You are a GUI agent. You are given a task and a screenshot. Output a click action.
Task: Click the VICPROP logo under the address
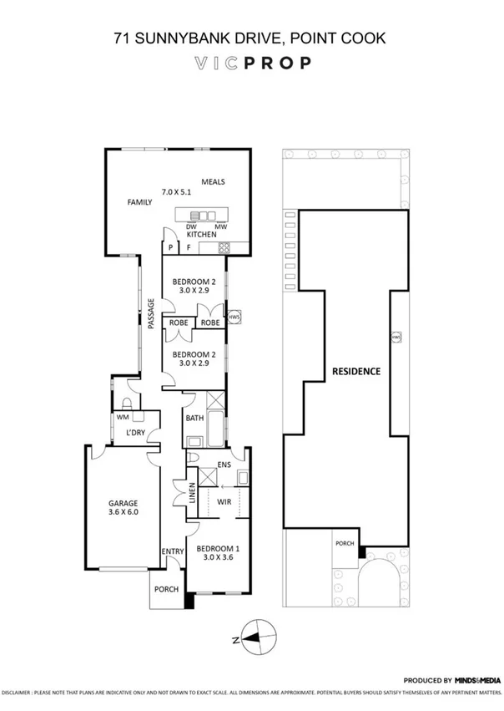tap(252, 62)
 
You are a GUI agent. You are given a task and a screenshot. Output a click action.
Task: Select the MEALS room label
tap(214, 182)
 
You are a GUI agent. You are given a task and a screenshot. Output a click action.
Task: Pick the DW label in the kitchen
tap(191, 226)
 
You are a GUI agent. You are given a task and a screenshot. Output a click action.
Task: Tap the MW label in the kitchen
tap(221, 226)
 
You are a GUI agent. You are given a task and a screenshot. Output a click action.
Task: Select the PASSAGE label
tap(152, 315)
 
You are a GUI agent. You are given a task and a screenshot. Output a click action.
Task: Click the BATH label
tap(194, 418)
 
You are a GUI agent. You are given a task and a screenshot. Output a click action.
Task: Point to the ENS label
tap(224, 465)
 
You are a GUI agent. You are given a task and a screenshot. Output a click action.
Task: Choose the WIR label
tap(223, 501)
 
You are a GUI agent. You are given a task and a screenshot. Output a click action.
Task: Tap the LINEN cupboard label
tap(191, 499)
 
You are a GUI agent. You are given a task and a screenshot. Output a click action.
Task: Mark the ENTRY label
tap(172, 551)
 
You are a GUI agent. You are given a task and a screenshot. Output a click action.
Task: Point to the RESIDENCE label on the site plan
tap(356, 371)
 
